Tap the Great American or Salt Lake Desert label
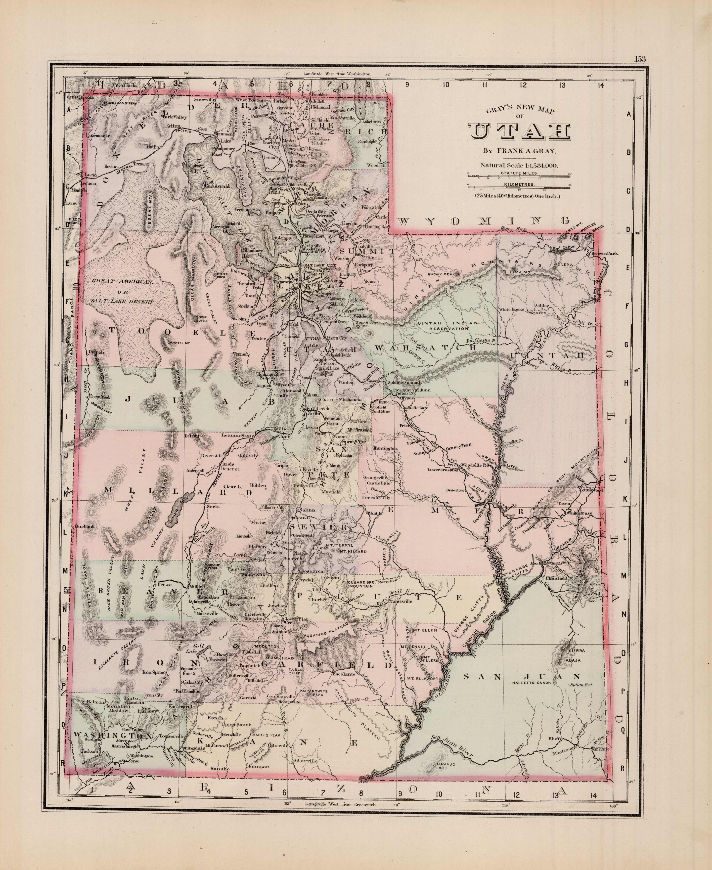[122, 292]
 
